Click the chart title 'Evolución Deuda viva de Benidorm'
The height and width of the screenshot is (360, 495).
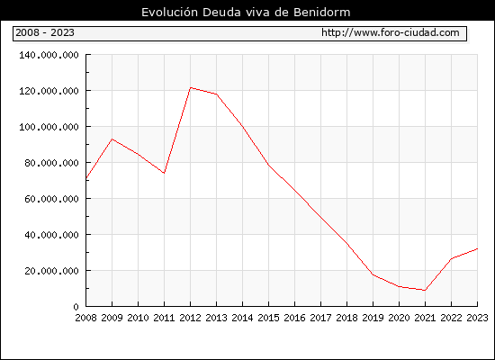pyautogui.click(x=246, y=13)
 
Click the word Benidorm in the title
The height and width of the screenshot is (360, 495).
pyautogui.click(x=321, y=13)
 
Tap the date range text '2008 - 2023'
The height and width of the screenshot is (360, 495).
pyautogui.click(x=45, y=32)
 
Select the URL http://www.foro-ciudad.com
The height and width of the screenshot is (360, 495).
pyautogui.click(x=391, y=32)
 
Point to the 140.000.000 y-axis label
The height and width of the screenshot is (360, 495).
pyautogui.click(x=49, y=55)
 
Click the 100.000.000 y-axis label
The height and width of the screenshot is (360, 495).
pyautogui.click(x=49, y=127)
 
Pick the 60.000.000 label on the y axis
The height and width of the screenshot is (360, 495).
pyautogui.click(x=51, y=199)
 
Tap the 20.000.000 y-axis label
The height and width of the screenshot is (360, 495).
pyautogui.click(x=51, y=271)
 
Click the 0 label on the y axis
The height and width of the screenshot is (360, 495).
pyautogui.click(x=76, y=307)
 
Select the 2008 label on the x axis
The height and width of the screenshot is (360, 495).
pyautogui.click(x=85, y=318)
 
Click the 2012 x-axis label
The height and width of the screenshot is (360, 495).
pyautogui.click(x=191, y=318)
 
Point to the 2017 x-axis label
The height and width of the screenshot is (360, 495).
pyautogui.click(x=320, y=318)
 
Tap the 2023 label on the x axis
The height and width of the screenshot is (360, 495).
pyautogui.click(x=477, y=318)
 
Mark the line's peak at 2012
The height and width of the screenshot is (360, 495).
pyautogui.click(x=191, y=87)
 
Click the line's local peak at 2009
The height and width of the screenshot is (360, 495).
pyautogui.click(x=112, y=139)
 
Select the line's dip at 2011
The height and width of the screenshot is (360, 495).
pyautogui.click(x=164, y=173)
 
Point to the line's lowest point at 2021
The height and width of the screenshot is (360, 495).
pyautogui.click(x=425, y=290)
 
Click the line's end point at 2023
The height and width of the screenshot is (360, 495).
pyautogui.click(x=477, y=248)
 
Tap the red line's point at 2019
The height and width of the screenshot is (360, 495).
pyautogui.click(x=373, y=274)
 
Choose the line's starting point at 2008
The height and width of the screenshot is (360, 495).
pyautogui.click(x=86, y=178)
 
